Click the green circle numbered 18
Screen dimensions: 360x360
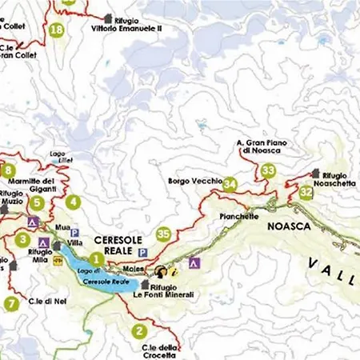(56, 31)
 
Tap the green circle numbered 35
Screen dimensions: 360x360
(164, 234)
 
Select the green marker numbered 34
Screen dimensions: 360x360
(230, 185)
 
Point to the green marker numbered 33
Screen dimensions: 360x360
(268, 170)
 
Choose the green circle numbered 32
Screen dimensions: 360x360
(306, 193)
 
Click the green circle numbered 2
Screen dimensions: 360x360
(140, 330)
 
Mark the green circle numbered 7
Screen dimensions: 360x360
(11, 303)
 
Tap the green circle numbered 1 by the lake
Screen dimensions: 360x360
(96, 258)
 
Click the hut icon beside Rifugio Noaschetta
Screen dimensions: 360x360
(316, 173)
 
